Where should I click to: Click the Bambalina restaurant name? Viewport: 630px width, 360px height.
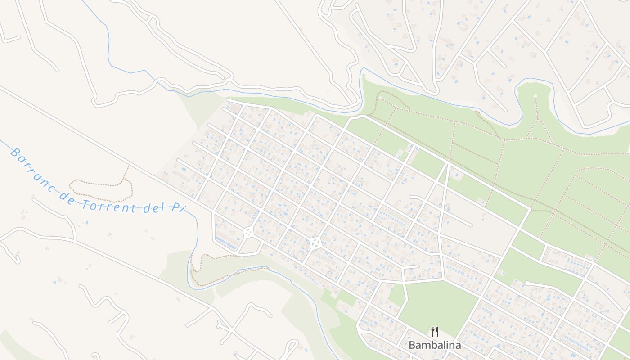coord(435,345)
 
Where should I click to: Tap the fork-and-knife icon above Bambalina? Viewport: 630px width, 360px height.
coord(435,332)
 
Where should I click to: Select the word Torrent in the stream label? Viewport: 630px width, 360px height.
coord(110,206)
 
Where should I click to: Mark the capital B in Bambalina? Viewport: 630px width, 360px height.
coord(412,345)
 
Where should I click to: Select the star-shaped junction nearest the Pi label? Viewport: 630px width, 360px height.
coord(248,233)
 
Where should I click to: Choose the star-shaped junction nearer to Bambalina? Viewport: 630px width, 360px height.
coord(315,243)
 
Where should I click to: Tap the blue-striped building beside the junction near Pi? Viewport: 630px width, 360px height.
coord(226,243)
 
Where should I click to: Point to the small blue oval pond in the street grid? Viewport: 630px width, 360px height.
coord(183,170)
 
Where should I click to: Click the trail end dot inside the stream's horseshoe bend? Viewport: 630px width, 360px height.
coord(535,96)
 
